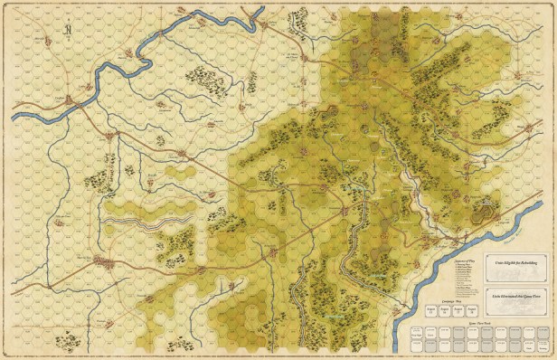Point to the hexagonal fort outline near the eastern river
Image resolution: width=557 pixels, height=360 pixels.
(x=489, y=213)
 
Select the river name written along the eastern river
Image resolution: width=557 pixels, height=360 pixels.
(x=380, y=275)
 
